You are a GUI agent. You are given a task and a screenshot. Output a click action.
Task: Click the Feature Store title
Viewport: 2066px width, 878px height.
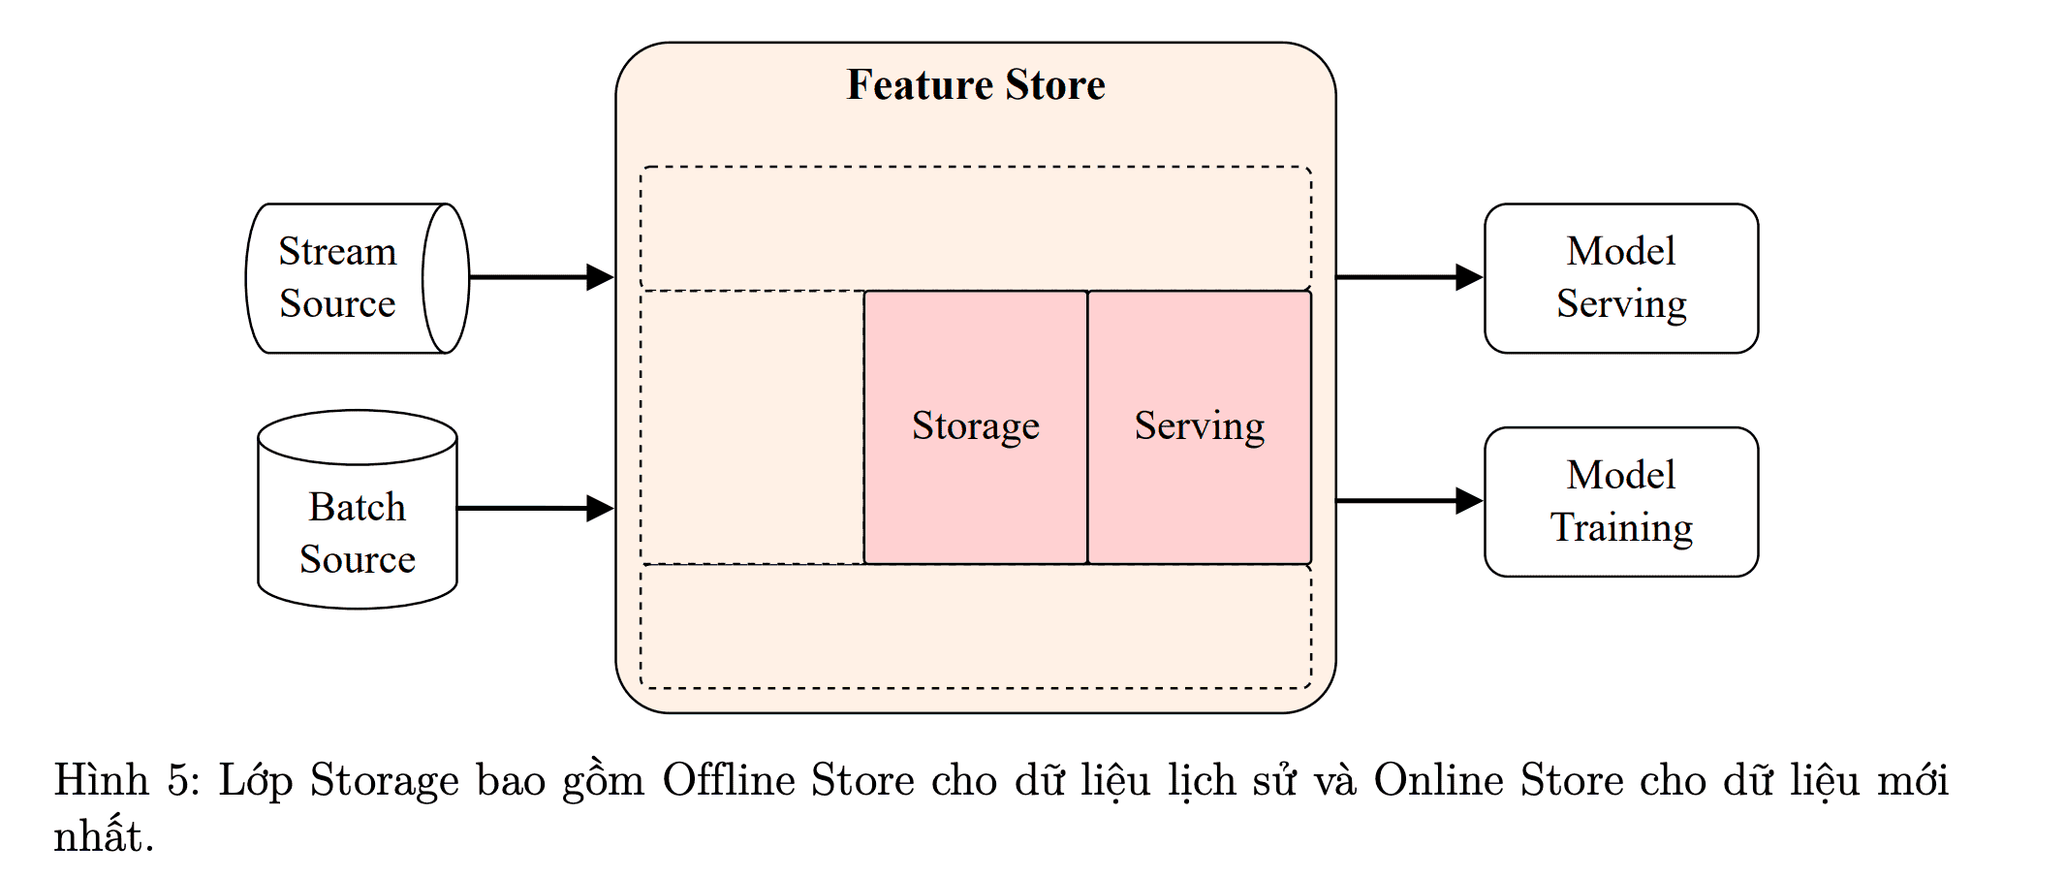click(975, 85)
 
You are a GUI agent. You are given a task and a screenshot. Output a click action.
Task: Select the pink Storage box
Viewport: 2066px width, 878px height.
click(975, 426)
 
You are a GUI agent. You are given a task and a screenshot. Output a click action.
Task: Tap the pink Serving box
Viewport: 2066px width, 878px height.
click(1200, 426)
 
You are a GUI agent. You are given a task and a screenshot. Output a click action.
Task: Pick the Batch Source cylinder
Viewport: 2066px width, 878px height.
click(357, 510)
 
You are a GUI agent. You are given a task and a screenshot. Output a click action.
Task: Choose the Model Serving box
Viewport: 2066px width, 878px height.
click(1620, 278)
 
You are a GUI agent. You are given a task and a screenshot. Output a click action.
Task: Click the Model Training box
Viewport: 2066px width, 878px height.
click(1620, 502)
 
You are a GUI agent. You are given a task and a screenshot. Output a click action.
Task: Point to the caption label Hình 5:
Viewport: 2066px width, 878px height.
click(126, 780)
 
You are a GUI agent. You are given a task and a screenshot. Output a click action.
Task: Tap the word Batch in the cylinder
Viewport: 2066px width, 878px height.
click(357, 507)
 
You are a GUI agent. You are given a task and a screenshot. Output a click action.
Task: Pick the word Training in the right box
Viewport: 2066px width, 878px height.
click(1621, 528)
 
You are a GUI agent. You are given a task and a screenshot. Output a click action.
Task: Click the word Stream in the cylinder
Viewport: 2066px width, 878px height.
click(337, 252)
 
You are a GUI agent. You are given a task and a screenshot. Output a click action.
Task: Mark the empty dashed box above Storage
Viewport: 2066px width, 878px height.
click(975, 229)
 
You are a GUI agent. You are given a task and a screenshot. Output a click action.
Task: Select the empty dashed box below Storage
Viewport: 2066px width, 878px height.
click(975, 626)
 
